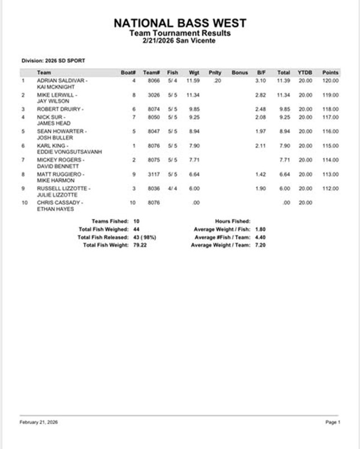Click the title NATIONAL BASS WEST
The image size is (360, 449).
coord(179,24)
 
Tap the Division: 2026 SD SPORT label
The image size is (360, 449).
coord(53,61)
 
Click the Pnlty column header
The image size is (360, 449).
coord(215,73)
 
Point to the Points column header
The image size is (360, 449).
coord(330,73)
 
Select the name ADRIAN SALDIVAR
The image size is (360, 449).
coord(62,81)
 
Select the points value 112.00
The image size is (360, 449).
coord(330,189)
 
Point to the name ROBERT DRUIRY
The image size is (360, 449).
coord(60,109)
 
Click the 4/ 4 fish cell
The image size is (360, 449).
coord(173,189)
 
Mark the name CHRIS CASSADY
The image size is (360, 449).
coord(61,203)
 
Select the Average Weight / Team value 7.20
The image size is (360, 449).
coord(260,245)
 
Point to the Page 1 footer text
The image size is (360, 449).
coord(331,422)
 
